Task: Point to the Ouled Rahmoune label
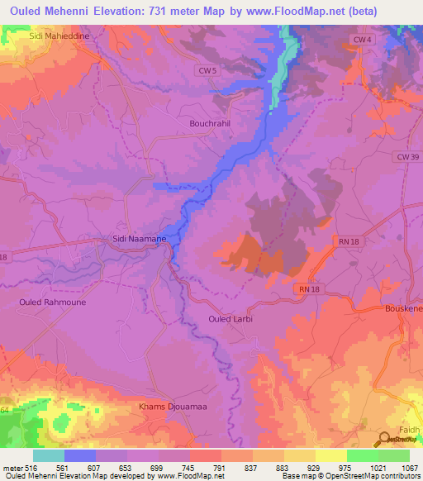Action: tap(52, 302)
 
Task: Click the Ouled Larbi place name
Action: tap(231, 318)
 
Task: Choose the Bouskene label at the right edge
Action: tap(404, 308)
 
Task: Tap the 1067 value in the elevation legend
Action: tap(408, 468)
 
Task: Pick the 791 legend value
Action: tap(221, 468)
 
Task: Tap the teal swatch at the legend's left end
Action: tap(48, 455)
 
